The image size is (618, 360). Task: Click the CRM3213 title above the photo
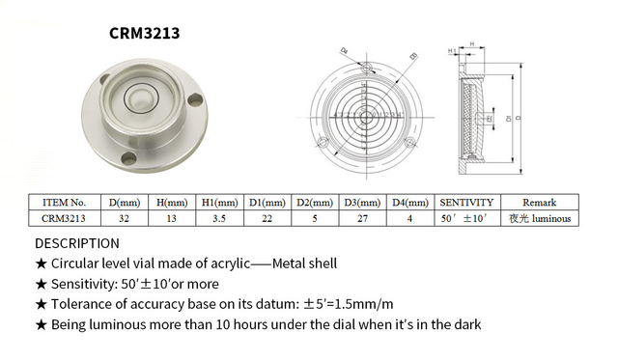coord(144,33)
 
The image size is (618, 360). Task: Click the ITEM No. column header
coord(65,203)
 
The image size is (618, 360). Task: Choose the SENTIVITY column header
coord(467,203)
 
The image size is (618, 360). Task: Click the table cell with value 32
coord(126,218)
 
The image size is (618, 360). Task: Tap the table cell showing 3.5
coord(220,218)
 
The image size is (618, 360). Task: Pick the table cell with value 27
coord(363,218)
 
